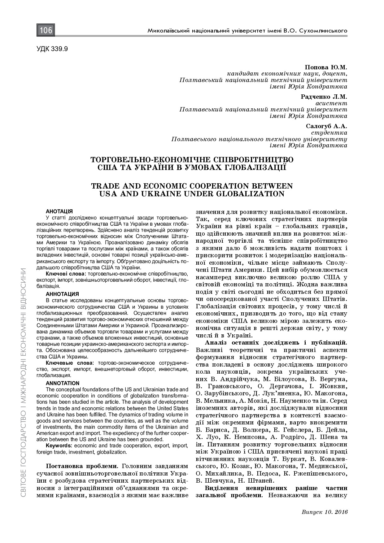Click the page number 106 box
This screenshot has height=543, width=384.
[x=46, y=30]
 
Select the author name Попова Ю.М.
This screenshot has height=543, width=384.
[x=326, y=67]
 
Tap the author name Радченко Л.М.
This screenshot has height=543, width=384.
[x=324, y=97]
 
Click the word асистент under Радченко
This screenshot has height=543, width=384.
[x=331, y=103]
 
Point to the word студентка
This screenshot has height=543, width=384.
[x=333, y=132]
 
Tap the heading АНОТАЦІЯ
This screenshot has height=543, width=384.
[x=59, y=211]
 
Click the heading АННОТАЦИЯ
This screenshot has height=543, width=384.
[x=62, y=294]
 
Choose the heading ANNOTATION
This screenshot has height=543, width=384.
[x=63, y=383]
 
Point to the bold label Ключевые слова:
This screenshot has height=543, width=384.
[x=70, y=363]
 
